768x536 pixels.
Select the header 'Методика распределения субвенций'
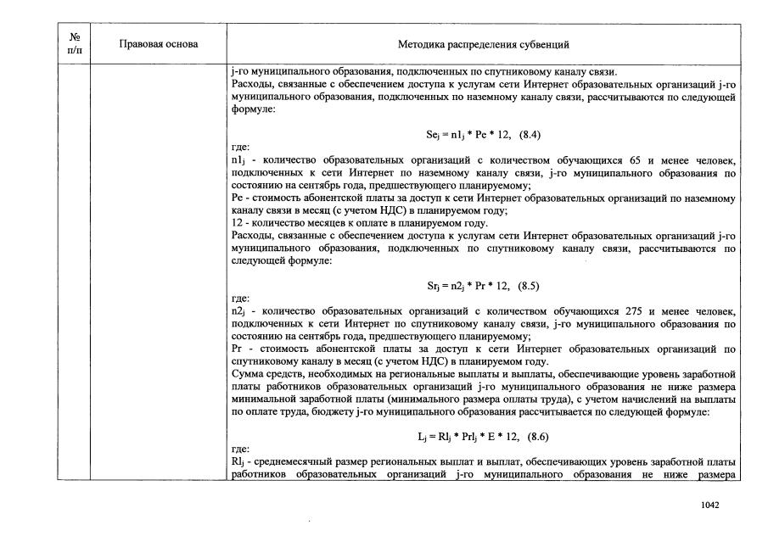(484, 44)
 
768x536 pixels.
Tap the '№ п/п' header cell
(74, 44)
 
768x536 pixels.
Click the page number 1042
(710, 505)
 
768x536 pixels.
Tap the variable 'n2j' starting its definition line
(238, 311)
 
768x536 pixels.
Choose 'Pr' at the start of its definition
(236, 348)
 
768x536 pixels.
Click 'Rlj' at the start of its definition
(238, 461)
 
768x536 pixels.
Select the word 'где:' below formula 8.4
(240, 148)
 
